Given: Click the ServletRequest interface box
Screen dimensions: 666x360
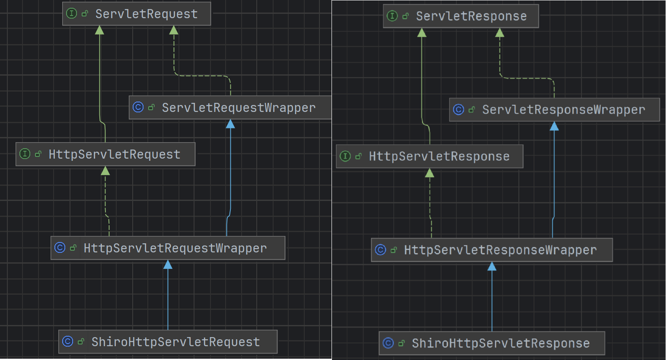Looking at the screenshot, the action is pos(137,14).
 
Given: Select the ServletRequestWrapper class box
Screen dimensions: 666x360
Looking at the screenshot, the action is pos(230,107).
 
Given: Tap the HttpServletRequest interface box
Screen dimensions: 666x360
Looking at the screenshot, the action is pos(105,154).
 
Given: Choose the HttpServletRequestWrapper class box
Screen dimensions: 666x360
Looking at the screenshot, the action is pos(168,248).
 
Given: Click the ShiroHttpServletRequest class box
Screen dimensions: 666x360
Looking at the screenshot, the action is pos(168,342).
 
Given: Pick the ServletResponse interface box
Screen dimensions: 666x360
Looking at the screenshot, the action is pos(461,16).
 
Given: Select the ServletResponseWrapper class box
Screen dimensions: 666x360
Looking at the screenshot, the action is pos(554,110).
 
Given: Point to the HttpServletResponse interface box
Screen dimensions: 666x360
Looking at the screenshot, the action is pos(430,156).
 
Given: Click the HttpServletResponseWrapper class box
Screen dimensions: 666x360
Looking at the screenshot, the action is pos(492,250).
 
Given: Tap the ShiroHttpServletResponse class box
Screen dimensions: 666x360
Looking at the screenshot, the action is pos(492,343).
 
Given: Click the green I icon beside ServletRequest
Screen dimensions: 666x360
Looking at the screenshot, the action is pos(71,13).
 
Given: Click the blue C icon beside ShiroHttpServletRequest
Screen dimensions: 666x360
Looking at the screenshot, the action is pos(67,341).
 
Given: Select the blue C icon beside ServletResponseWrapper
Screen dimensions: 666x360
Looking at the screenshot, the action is pos(459,109).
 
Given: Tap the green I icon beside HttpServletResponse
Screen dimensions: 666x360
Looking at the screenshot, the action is pos(345,156).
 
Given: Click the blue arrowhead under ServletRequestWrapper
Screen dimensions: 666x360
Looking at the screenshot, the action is pos(230,124).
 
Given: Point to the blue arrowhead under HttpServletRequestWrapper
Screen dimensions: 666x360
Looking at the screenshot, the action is pos(168,264).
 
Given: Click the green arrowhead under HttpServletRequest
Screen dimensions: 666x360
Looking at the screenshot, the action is pos(105,171).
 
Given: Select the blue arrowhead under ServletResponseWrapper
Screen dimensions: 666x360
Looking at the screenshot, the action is pos(554,126).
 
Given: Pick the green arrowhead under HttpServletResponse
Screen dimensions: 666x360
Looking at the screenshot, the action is pos(430,173).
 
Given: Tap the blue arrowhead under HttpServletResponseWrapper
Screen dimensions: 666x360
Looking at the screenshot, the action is pos(492,266).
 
